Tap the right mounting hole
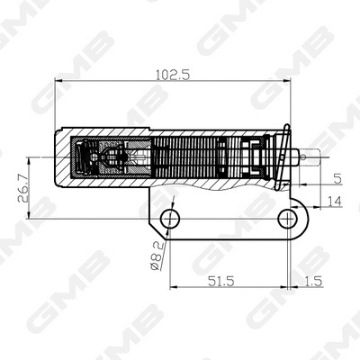pyautogui.click(x=288, y=216)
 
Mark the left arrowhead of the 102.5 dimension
pyautogui.click(x=59, y=84)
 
